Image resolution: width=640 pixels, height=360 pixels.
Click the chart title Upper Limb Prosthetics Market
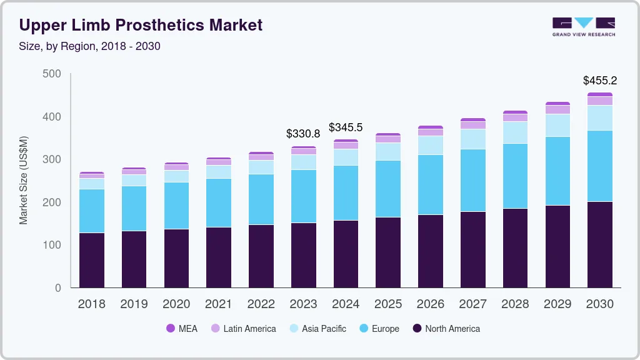click(141, 26)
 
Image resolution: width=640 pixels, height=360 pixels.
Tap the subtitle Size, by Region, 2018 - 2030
click(90, 46)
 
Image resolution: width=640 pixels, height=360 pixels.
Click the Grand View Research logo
click(583, 26)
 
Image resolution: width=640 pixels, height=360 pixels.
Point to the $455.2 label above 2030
click(599, 81)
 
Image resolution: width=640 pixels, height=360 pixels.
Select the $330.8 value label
click(302, 134)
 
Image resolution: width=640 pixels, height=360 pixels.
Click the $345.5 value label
click(345, 127)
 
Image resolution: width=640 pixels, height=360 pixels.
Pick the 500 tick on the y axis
click(52, 74)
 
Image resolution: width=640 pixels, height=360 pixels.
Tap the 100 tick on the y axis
click(52, 245)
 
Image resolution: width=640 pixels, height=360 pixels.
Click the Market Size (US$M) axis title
click(24, 180)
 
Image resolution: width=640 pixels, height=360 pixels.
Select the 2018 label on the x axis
click(91, 304)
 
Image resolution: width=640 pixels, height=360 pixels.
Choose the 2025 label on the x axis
click(387, 304)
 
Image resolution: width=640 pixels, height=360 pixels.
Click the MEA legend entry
click(181, 329)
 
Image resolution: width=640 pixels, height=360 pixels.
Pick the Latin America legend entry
click(243, 329)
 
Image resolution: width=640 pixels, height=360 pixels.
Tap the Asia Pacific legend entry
click(317, 329)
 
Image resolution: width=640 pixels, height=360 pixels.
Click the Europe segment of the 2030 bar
click(599, 166)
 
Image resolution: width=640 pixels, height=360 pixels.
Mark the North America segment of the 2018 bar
click(91, 260)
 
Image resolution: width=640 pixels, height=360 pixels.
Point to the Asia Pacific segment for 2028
click(515, 132)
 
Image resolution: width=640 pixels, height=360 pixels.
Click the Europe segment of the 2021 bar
click(218, 202)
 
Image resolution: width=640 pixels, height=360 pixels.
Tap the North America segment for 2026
click(430, 251)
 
